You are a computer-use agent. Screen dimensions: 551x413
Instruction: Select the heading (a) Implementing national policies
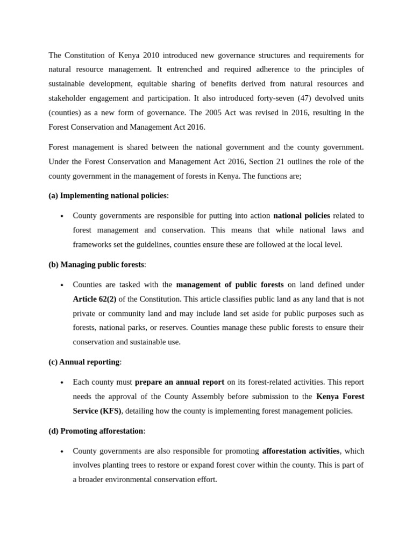pyautogui.click(x=108, y=196)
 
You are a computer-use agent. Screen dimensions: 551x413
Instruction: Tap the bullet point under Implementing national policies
pyautogui.click(x=62, y=216)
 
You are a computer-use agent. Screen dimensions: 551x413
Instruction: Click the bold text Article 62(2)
pyautogui.click(x=95, y=299)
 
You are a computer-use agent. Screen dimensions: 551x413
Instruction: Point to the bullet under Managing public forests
pyautogui.click(x=62, y=285)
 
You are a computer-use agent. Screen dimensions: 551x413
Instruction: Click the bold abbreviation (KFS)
pyautogui.click(x=110, y=411)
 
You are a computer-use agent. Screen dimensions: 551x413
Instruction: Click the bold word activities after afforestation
pyautogui.click(x=322, y=451)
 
